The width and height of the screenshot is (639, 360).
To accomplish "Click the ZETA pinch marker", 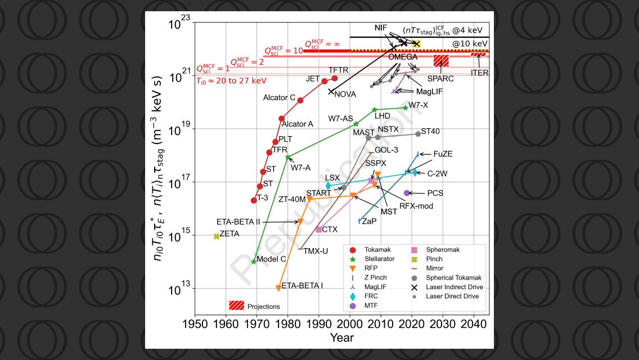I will pyautogui.click(x=217, y=236).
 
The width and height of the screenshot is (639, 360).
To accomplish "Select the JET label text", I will pyautogui.click(x=313, y=79).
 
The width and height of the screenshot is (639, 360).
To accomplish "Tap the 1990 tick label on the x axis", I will pyautogui.click(x=319, y=325).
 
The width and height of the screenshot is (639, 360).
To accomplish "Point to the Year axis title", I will pyautogui.click(x=342, y=337).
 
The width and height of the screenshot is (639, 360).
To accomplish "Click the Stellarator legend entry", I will pyautogui.click(x=379, y=259).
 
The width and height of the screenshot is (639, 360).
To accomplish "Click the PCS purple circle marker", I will pyautogui.click(x=407, y=193).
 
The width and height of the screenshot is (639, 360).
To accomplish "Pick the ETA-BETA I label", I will pyautogui.click(x=302, y=285).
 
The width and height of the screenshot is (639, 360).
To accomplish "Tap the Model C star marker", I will pyautogui.click(x=254, y=262).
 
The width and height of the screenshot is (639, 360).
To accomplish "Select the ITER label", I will pyautogui.click(x=480, y=73).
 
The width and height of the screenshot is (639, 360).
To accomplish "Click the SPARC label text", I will pyautogui.click(x=440, y=79).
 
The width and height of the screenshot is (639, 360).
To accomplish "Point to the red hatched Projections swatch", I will pyautogui.click(x=236, y=305).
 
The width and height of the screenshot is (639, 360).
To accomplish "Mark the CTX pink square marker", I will pyautogui.click(x=319, y=229).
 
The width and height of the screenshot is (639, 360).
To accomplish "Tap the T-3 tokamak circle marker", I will pyautogui.click(x=254, y=200).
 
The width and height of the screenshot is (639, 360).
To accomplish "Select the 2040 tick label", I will pyautogui.click(x=474, y=325).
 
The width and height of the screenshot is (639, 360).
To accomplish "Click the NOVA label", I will pyautogui.click(x=345, y=94).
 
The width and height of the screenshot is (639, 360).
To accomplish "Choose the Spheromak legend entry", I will pyautogui.click(x=445, y=249).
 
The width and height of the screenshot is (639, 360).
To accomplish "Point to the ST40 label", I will pyautogui.click(x=430, y=131).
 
